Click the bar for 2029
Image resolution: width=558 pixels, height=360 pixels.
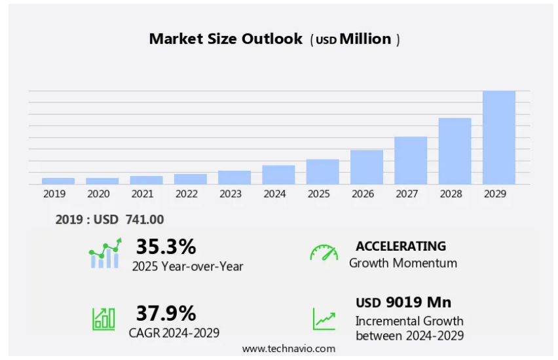[x=499, y=137]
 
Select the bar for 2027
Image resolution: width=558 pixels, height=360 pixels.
[x=411, y=160]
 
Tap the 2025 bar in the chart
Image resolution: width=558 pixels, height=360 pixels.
[x=322, y=171]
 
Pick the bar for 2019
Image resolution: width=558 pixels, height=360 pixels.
[x=58, y=181]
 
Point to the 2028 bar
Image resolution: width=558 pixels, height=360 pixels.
[x=455, y=151]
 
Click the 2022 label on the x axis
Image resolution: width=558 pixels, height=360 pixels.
[x=187, y=194]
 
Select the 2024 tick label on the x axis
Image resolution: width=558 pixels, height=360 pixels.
[x=274, y=194]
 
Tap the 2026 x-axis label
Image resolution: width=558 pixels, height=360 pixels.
[x=363, y=194]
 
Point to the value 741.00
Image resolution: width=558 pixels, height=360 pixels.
[x=145, y=220]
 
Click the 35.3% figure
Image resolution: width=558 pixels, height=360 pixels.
[x=166, y=247]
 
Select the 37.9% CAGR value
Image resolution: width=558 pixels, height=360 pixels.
[x=166, y=313]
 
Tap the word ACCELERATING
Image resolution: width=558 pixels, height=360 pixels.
[x=401, y=246]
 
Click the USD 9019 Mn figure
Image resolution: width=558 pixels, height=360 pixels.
[x=403, y=302]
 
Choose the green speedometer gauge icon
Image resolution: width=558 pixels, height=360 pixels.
[x=324, y=253]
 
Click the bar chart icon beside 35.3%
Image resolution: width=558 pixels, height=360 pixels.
[x=105, y=254]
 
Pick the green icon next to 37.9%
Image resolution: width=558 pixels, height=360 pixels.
[x=103, y=318]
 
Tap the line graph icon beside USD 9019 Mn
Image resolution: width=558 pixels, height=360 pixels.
[x=324, y=319]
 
